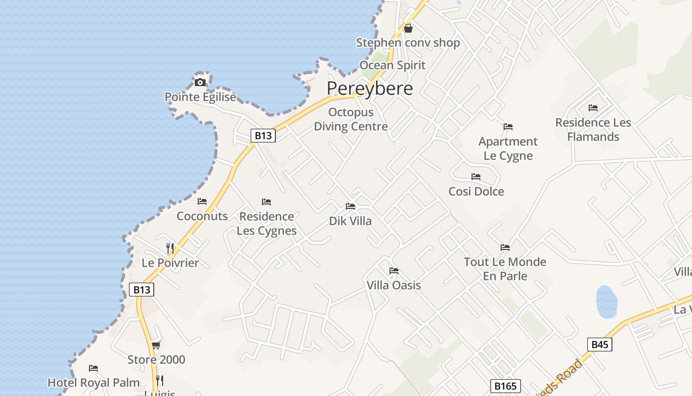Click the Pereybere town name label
click(x=370, y=89)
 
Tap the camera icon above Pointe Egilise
click(x=200, y=82)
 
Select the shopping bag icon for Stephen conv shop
click(x=408, y=28)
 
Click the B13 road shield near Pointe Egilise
click(x=263, y=136)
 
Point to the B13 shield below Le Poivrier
click(x=142, y=290)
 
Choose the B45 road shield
click(x=600, y=345)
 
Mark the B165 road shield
click(x=506, y=386)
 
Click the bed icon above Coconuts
click(x=202, y=201)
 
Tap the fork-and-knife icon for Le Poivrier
click(x=170, y=248)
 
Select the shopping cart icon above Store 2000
click(x=156, y=345)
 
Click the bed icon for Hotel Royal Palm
click(x=93, y=368)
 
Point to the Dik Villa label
click(x=350, y=221)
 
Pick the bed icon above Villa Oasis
click(x=394, y=271)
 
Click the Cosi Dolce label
click(x=476, y=192)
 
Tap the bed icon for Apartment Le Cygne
click(x=508, y=127)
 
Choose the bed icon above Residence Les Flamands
click(x=593, y=108)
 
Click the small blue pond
click(x=606, y=301)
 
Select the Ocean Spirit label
click(x=392, y=65)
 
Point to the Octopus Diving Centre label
click(x=351, y=119)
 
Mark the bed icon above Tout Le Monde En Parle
click(x=505, y=247)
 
